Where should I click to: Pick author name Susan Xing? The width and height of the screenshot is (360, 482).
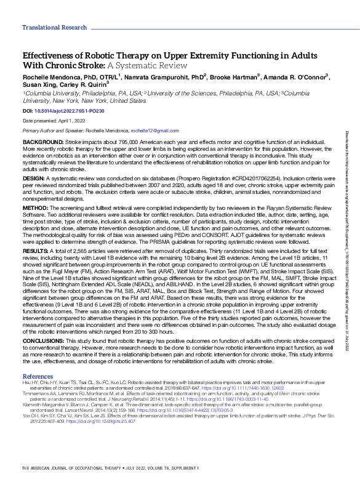pos(41,85)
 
